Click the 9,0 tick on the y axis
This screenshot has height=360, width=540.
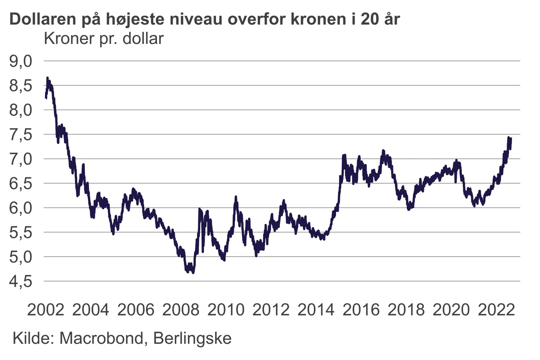[x=21, y=61]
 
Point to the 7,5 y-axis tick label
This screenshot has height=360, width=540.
[x=21, y=135]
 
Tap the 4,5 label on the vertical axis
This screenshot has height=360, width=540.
[x=21, y=282]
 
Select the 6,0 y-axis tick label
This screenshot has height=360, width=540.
[x=21, y=208]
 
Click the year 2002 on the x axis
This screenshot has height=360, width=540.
[x=46, y=310]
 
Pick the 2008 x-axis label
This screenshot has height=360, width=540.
[x=181, y=310]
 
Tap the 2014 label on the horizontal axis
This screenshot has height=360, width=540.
[x=316, y=310]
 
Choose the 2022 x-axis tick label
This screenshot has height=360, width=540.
[x=496, y=310]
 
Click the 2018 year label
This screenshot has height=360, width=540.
[x=406, y=310]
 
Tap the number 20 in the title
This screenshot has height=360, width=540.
[x=370, y=19]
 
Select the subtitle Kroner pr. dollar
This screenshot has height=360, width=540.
[x=104, y=39]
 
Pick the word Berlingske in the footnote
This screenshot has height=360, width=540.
[x=192, y=338]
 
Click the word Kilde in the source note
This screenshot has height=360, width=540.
[x=31, y=338]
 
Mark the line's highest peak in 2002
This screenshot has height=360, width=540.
[x=48, y=78]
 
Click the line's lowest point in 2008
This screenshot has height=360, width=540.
[x=193, y=273]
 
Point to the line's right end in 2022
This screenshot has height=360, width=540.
[x=510, y=139]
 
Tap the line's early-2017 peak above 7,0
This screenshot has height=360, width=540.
[x=383, y=151]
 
